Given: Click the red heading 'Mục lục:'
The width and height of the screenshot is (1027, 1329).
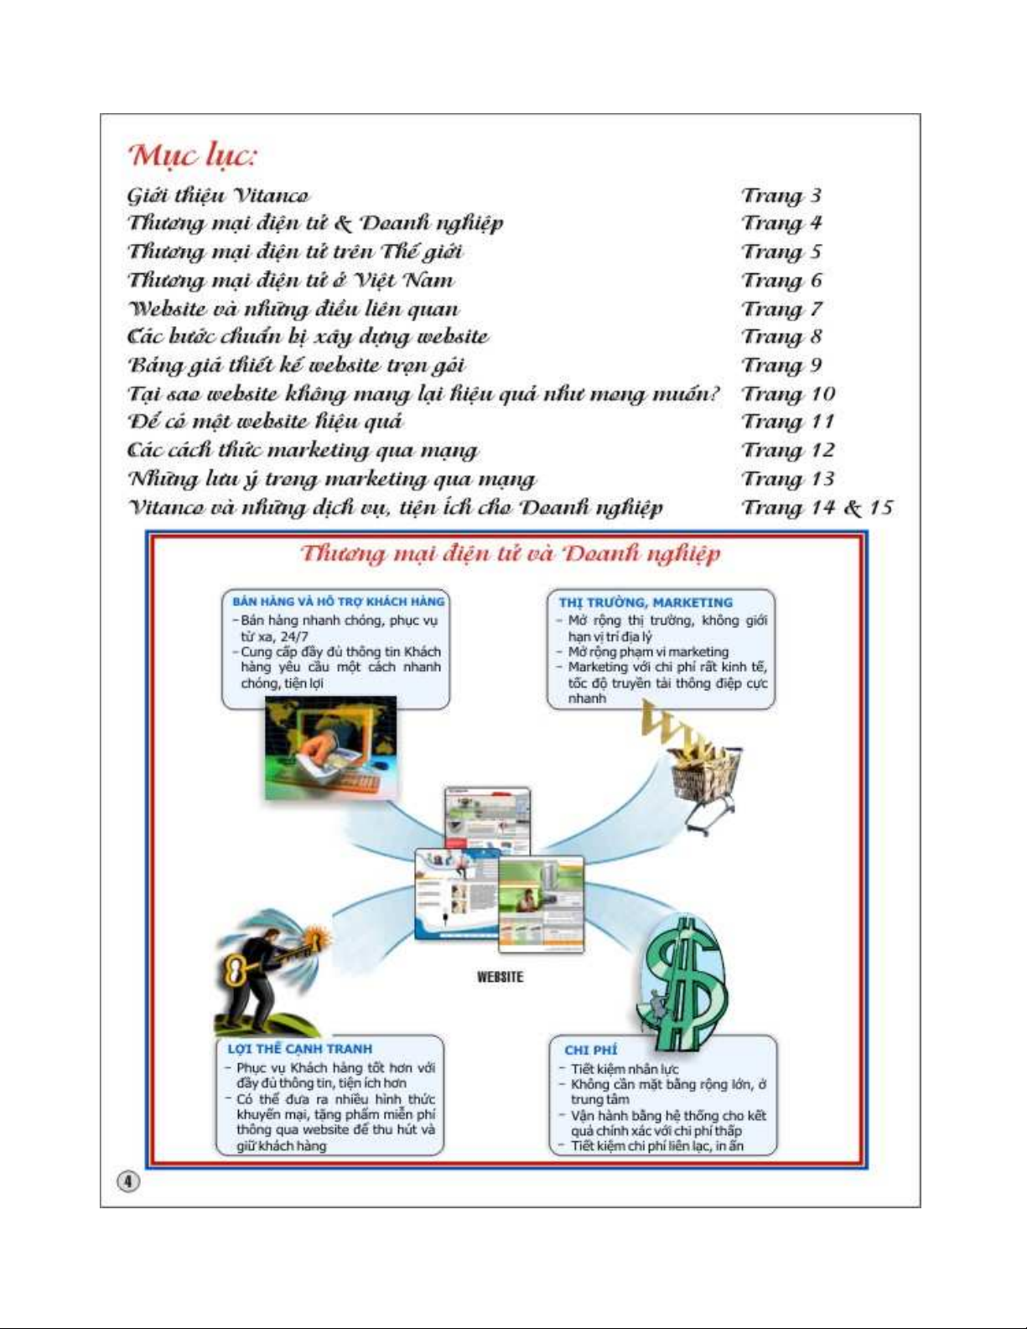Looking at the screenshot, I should (191, 155).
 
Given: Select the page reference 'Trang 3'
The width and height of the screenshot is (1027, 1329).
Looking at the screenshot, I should (781, 195).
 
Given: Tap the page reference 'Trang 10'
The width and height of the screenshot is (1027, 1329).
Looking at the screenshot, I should (788, 393).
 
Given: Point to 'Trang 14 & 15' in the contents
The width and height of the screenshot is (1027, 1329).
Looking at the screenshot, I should (817, 507).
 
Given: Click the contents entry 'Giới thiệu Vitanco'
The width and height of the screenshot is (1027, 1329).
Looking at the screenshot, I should (218, 195).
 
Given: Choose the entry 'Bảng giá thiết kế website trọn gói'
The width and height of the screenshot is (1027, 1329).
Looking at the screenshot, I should (296, 366).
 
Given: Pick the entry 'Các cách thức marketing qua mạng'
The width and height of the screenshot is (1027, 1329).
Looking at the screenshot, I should (303, 450).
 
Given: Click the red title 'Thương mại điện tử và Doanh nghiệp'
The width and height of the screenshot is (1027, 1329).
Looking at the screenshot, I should (510, 553).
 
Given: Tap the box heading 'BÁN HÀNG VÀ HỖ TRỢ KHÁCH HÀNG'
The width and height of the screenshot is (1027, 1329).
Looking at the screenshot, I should (338, 601).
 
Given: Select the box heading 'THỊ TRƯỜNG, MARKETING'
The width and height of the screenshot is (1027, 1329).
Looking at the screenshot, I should (646, 602).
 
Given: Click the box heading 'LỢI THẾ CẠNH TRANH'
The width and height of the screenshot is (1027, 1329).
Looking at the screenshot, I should (299, 1048).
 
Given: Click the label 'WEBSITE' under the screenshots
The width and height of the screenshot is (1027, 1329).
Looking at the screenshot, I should (500, 977).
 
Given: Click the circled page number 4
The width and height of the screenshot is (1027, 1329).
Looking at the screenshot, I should (127, 1181).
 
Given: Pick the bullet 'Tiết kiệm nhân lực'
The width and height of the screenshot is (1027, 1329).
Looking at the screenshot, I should (625, 1069).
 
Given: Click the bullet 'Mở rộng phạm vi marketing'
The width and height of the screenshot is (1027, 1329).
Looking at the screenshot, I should (647, 652).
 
